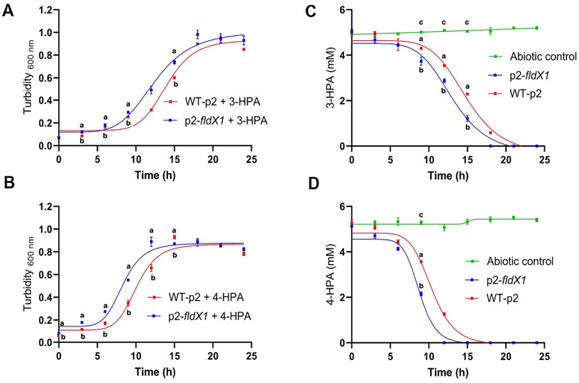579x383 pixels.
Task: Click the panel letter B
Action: point(8,183)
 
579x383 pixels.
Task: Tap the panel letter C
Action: point(311,11)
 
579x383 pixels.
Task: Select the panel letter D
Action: point(313,184)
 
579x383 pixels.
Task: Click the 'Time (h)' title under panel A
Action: point(155,175)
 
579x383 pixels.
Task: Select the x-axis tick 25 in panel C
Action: point(545,160)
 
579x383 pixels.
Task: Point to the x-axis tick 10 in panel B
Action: point(135,357)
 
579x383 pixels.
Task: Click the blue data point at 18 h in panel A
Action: point(197,34)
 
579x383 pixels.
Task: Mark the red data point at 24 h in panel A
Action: point(244,49)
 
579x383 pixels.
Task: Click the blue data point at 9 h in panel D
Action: point(421,294)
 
